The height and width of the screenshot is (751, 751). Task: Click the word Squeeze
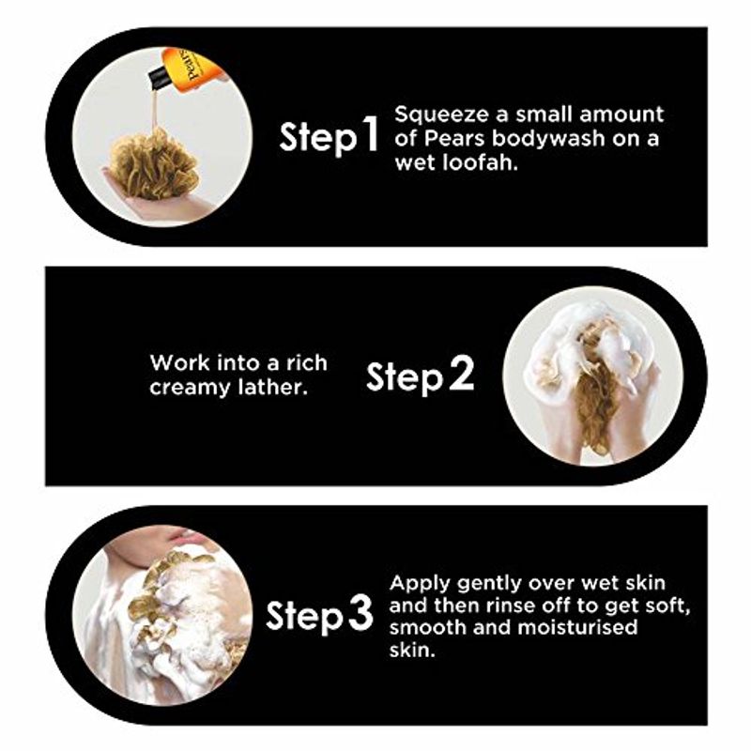441,115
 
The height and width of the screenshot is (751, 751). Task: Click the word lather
272,387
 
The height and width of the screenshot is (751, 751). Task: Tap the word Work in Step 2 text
180,363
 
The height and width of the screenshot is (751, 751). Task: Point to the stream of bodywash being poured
154,111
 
